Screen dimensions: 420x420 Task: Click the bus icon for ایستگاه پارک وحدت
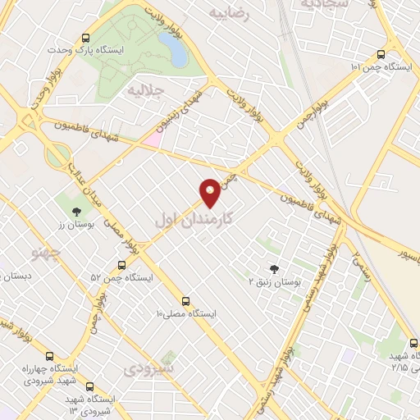86,37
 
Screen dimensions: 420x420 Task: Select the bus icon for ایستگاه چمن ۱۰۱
381,54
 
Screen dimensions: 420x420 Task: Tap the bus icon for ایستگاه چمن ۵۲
121,265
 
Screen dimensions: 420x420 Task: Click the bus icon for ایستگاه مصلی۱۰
185,301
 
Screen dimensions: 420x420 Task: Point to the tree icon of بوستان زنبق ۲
274,268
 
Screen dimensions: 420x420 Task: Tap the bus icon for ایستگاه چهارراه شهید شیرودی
51,356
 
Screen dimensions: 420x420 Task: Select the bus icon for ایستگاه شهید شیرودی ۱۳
89,386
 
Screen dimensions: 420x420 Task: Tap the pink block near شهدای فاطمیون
153,139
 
